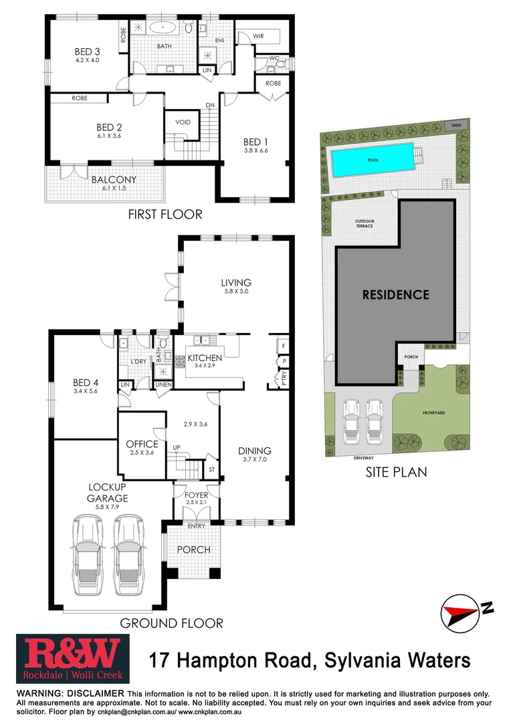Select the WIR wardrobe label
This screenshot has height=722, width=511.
click(x=259, y=36)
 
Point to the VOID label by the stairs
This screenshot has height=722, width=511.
click(x=183, y=122)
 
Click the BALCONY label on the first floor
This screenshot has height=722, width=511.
click(x=114, y=179)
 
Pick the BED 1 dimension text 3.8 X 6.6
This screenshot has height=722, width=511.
click(x=255, y=152)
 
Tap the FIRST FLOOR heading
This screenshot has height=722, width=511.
click(x=165, y=215)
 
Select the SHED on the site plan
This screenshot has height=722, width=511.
click(x=457, y=125)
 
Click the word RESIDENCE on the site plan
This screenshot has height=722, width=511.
click(x=395, y=294)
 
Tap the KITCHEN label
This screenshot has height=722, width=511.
click(x=205, y=358)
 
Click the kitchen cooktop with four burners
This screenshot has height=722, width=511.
click(x=180, y=362)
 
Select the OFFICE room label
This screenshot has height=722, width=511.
click(x=142, y=444)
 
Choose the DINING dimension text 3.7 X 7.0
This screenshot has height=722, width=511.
click(x=255, y=461)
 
